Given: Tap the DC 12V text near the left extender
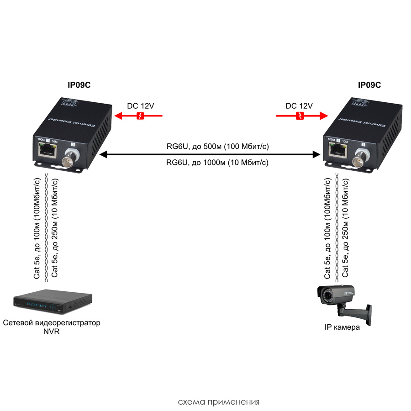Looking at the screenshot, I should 140,106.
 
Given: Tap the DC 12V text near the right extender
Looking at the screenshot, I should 299,106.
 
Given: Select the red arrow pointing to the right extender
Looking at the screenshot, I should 302,116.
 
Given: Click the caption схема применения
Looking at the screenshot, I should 219,402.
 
